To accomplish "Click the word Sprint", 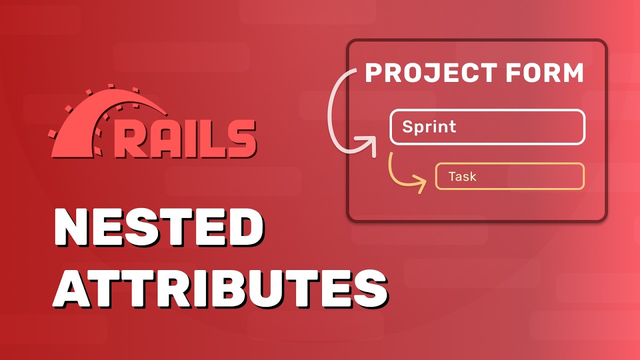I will click(x=429, y=126).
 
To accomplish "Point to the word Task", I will click(x=462, y=176).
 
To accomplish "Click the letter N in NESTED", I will click(x=73, y=228).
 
